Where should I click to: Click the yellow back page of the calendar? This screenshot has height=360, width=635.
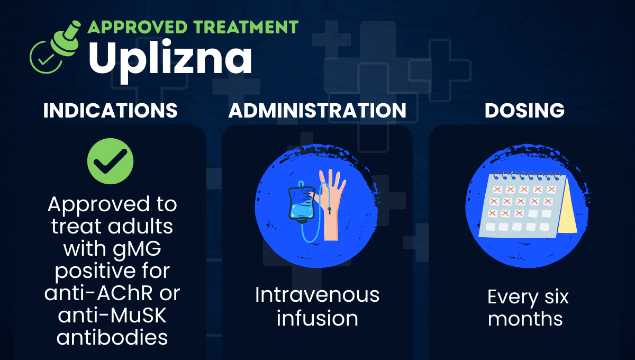point(566,206)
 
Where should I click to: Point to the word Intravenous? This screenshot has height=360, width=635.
point(317,295)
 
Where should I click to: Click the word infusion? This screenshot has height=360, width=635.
point(317,318)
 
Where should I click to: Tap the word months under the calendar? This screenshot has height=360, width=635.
point(525,319)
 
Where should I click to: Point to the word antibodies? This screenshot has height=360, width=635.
point(112,337)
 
